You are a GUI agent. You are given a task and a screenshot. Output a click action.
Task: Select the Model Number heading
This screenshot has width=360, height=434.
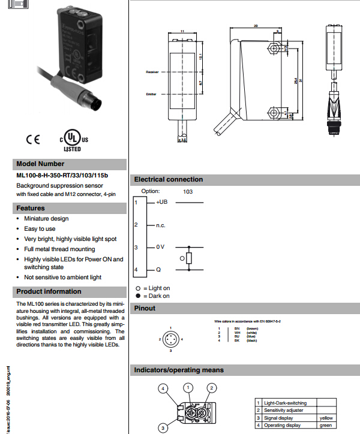40,164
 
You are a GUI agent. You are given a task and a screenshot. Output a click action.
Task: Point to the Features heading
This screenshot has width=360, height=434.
31,208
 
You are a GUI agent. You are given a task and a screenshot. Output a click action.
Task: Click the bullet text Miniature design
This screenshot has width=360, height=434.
46,219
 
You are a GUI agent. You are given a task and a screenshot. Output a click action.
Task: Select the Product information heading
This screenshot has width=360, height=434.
49,291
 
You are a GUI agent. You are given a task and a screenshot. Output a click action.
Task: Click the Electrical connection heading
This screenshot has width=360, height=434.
169,179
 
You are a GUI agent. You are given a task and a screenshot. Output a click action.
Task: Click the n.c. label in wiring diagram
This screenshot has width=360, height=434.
161,225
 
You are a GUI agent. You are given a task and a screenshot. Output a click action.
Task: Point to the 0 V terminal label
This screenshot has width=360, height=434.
160,247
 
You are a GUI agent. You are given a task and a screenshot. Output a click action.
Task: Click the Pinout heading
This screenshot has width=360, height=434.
145,308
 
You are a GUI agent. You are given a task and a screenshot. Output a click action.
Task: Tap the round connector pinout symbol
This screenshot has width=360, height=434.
171,340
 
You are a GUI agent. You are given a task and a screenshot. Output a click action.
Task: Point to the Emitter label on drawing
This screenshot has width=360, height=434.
151,94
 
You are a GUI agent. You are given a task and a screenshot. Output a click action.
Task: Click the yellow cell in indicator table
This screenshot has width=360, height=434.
326,418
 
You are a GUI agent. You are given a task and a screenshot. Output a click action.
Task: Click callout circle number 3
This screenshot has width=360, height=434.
162,428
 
